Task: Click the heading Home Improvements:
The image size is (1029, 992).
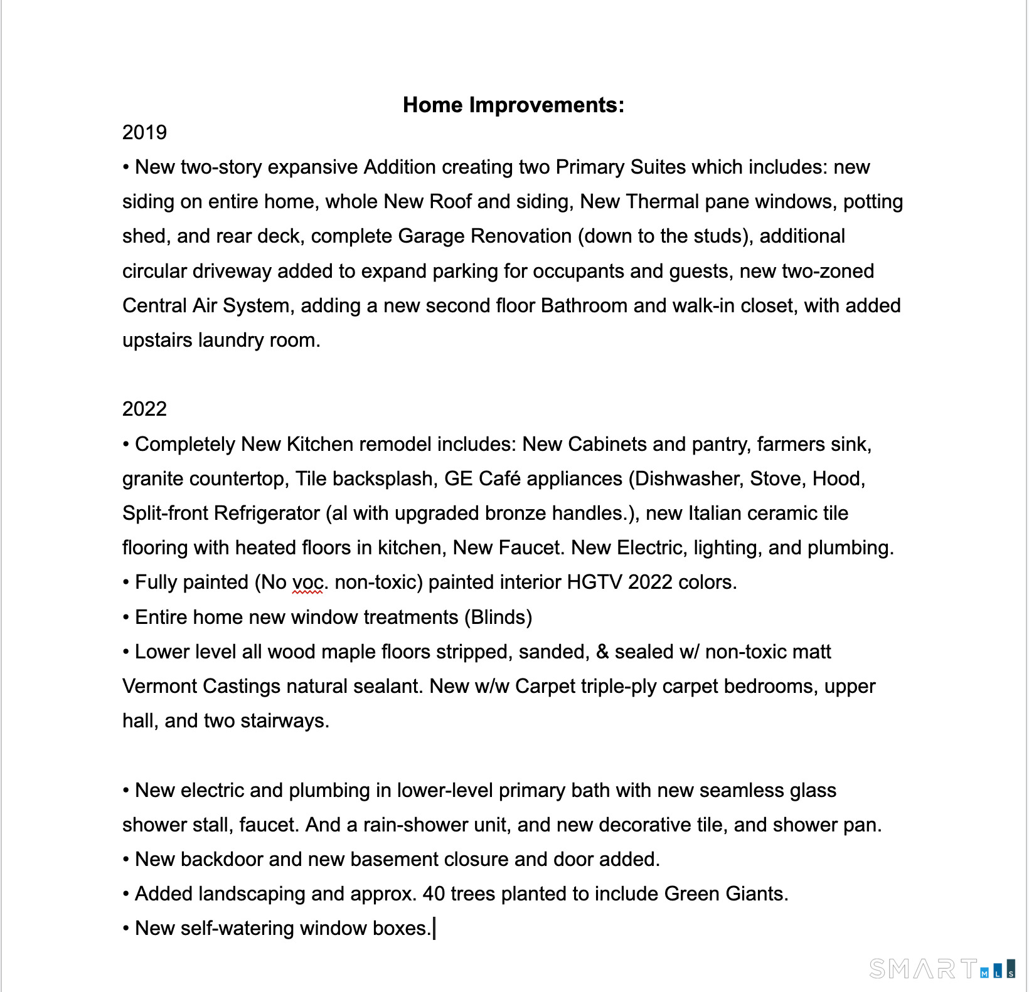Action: click(x=513, y=105)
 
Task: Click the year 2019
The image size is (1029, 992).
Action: click(x=144, y=132)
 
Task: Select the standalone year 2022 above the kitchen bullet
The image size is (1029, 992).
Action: click(x=144, y=409)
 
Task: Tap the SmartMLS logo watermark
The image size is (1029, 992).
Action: click(x=941, y=969)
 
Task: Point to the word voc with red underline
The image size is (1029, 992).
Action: click(x=307, y=583)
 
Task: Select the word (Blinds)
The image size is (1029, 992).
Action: click(x=498, y=617)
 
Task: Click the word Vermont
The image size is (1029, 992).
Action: click(x=160, y=686)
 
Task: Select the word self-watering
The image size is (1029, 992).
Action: click(x=237, y=928)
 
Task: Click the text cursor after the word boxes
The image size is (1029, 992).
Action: click(x=434, y=928)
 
